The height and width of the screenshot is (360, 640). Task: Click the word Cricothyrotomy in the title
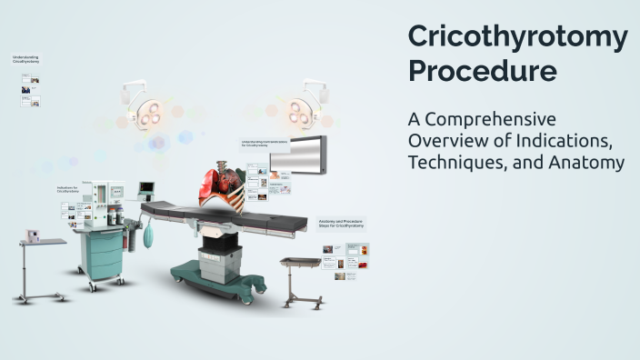click(517, 37)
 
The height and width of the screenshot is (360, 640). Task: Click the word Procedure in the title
click(482, 71)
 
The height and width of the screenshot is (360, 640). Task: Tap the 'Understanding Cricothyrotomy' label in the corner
click(25, 59)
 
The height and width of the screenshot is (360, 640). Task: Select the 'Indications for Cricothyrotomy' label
click(68, 190)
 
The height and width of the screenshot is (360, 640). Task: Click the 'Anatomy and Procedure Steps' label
click(341, 224)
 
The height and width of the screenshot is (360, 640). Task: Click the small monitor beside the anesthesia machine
click(145, 190)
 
